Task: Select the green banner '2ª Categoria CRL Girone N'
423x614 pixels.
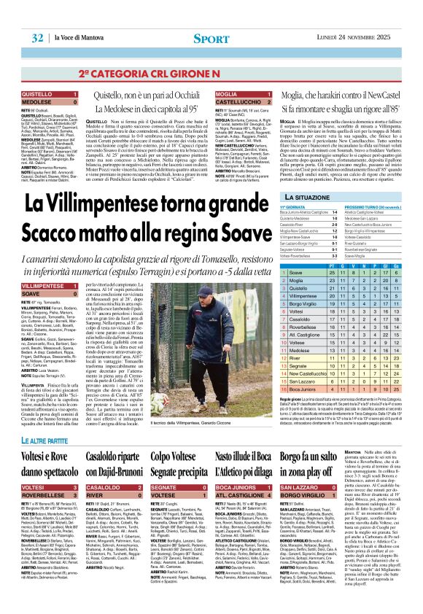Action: click(211, 73)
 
